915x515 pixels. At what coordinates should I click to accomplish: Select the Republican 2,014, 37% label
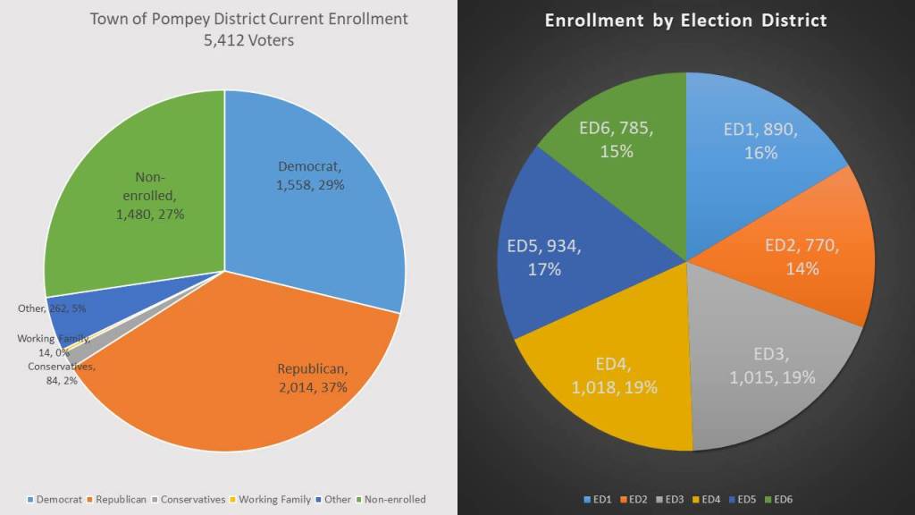coord(312,378)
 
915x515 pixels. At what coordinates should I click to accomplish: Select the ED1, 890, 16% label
coord(760,140)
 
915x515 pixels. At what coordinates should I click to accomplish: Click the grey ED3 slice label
coord(772,367)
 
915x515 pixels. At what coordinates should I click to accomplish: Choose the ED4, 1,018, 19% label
coord(615,376)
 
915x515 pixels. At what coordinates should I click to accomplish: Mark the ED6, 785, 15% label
coord(617,139)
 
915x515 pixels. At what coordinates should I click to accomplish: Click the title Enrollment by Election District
coord(686,20)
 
